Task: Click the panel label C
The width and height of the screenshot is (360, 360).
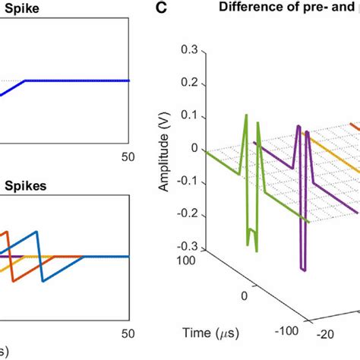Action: click(x=160, y=8)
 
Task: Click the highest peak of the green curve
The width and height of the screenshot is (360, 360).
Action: click(x=247, y=115)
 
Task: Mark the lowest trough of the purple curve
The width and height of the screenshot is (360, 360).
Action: click(x=303, y=270)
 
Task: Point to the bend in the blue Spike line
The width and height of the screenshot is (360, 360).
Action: click(x=26, y=81)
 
